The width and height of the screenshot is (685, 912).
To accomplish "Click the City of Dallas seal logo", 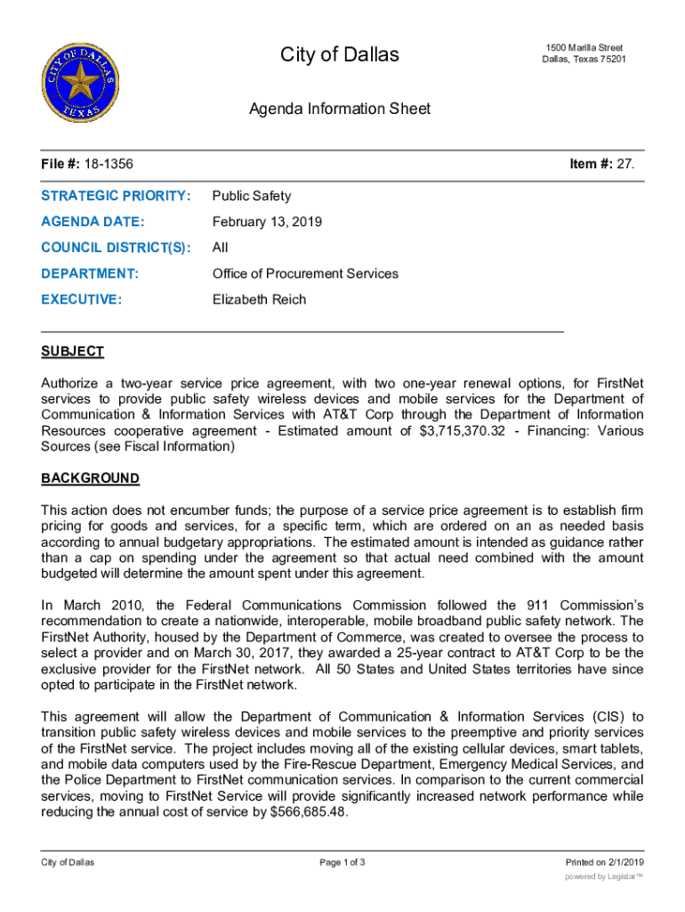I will click(77, 80).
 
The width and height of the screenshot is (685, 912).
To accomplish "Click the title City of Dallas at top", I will click(340, 55).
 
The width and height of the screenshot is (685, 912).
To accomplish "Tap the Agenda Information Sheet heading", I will click(340, 109).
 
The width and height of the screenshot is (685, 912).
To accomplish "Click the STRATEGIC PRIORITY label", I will click(116, 196).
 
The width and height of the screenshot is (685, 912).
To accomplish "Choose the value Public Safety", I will click(252, 196).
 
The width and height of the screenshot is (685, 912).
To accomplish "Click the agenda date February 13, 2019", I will click(267, 222).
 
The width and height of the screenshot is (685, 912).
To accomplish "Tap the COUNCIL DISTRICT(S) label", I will click(116, 248).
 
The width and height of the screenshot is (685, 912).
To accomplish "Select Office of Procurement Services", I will click(305, 273).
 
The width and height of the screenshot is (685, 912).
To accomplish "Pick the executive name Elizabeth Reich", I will click(259, 299).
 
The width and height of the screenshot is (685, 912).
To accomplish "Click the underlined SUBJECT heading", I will click(72, 352).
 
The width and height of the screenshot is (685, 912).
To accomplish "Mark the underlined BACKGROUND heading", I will click(90, 478).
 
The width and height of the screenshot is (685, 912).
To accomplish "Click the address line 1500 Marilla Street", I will click(584, 47).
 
